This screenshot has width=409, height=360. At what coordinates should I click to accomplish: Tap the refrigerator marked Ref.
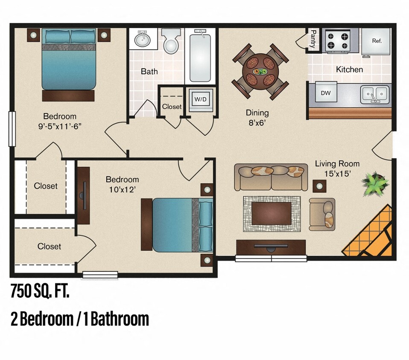(x=376, y=41)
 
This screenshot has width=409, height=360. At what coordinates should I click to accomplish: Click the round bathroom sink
(x=143, y=40)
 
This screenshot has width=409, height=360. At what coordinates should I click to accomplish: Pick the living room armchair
(x=323, y=213)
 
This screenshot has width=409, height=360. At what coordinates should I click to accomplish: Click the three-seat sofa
(x=271, y=177)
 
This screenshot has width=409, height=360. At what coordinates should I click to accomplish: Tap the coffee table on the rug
(x=272, y=213)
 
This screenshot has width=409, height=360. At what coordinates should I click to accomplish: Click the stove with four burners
(x=337, y=41)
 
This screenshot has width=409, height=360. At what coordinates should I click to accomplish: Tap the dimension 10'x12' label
(x=122, y=189)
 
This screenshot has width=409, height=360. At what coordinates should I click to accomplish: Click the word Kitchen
(x=349, y=70)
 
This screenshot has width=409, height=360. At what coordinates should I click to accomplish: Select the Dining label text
(x=257, y=113)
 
